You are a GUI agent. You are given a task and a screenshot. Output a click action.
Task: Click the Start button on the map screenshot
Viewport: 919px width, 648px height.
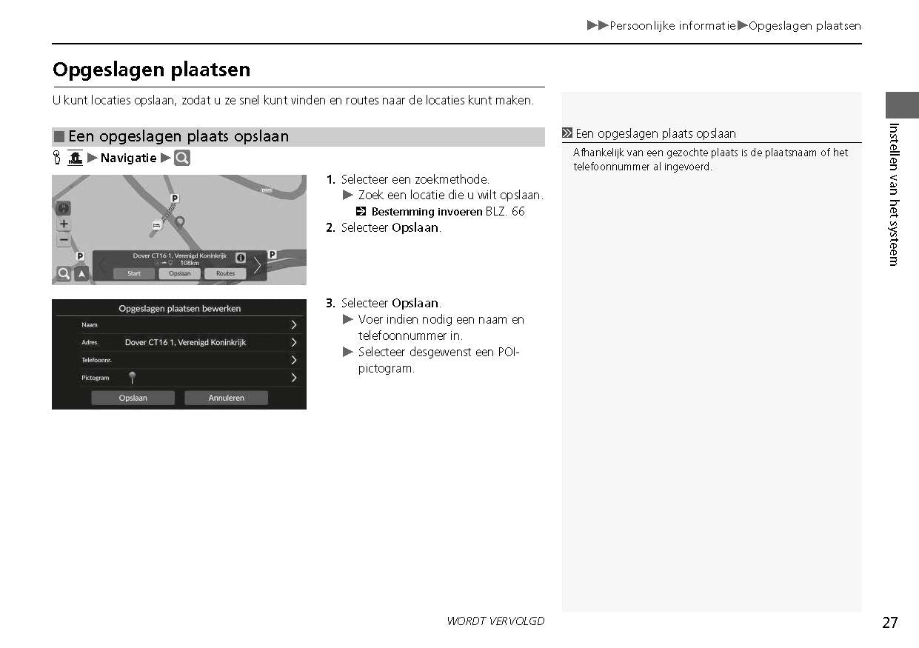click(134, 273)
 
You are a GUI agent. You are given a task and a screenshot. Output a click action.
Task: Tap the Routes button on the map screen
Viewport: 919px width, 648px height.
click(225, 273)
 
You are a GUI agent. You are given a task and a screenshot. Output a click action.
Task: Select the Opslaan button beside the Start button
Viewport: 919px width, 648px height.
click(179, 273)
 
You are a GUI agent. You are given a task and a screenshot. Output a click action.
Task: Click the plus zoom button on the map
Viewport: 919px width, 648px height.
click(64, 224)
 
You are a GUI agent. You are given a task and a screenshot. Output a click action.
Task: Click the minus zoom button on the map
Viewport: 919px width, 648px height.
click(64, 239)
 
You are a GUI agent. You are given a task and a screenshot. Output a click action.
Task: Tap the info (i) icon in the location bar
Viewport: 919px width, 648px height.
click(241, 258)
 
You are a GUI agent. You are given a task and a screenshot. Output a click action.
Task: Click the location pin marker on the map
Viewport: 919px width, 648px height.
click(179, 221)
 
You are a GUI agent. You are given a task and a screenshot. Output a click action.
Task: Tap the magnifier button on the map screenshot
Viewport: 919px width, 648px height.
click(64, 274)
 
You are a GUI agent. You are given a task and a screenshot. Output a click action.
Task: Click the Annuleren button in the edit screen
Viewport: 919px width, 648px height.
click(226, 398)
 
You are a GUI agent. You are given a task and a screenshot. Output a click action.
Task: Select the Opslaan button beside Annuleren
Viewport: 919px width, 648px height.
click(133, 398)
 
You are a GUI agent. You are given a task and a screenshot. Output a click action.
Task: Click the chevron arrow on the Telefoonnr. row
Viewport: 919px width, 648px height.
click(294, 360)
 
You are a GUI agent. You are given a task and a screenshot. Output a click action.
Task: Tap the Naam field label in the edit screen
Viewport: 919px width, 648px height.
click(90, 324)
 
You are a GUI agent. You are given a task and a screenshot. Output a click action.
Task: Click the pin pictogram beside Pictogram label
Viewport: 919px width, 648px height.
click(132, 378)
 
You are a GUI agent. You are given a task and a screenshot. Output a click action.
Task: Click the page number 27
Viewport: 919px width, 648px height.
click(889, 623)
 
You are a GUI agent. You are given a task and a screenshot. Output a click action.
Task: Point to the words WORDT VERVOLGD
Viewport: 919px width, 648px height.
click(495, 621)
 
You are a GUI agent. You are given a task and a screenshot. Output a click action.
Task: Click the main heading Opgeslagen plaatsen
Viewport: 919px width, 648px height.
click(152, 70)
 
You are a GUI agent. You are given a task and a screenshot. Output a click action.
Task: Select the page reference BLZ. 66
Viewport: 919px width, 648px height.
click(505, 212)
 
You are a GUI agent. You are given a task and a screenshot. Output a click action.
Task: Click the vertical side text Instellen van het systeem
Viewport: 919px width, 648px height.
click(894, 194)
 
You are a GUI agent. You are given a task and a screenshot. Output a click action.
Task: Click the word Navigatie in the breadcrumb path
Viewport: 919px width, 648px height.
click(129, 158)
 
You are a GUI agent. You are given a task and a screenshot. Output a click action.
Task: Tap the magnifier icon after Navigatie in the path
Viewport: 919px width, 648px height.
click(182, 158)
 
